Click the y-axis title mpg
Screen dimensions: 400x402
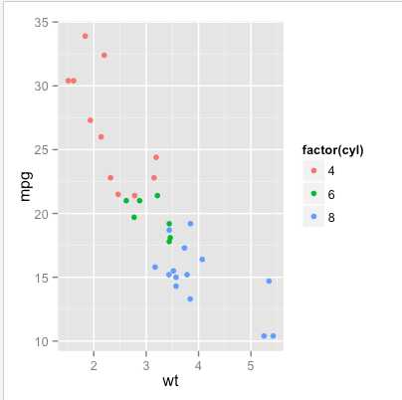click(x=27, y=185)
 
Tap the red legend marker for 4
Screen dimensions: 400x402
click(x=315, y=170)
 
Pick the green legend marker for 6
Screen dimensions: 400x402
click(x=315, y=193)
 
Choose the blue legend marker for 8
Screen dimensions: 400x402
click(x=315, y=216)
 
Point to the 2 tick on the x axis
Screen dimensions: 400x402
click(x=94, y=363)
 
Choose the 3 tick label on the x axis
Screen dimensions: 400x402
click(x=146, y=363)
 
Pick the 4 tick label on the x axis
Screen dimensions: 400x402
click(x=198, y=363)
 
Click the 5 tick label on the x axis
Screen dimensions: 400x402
click(x=251, y=363)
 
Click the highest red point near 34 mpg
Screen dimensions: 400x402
click(x=85, y=36)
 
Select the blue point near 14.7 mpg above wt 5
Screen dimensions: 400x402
click(x=269, y=282)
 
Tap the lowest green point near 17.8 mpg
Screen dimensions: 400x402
click(x=169, y=242)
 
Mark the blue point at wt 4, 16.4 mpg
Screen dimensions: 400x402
click(x=202, y=260)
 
